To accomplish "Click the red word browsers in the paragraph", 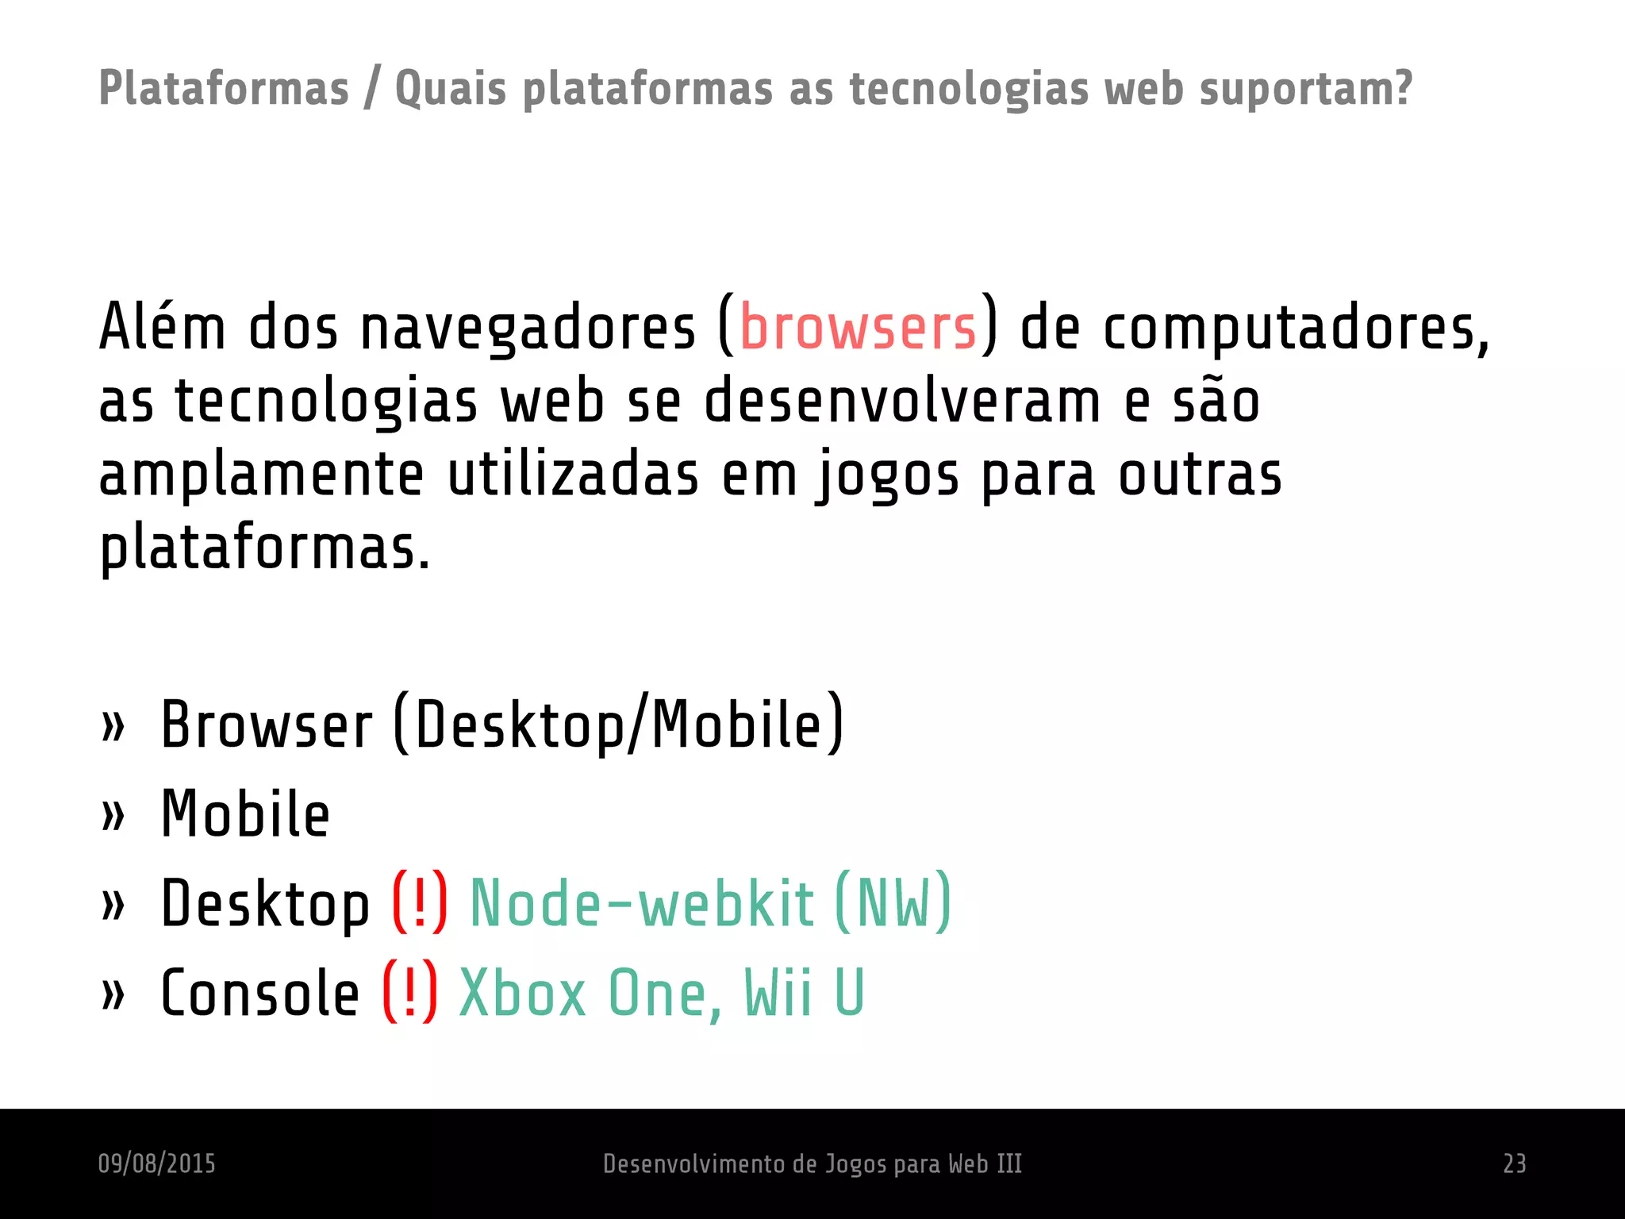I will pos(858,327).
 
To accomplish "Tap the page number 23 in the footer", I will pos(1514,1163).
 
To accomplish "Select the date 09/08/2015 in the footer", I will pos(157,1163).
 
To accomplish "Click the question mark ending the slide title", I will pos(1402,87).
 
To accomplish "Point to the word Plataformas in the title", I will pos(224,89).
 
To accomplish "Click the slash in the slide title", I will pos(371,89).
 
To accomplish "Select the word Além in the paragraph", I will pos(163,327).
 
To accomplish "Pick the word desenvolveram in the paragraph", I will pos(902,401).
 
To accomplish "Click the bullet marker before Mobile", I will pos(113,815).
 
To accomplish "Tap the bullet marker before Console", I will pos(113,994).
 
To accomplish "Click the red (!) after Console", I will pos(409,993).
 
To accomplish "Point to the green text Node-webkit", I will pos(642,904).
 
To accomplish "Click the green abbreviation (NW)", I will pos(893,903).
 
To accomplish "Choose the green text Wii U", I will pos(803,993).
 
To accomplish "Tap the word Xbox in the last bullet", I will pos(522,993).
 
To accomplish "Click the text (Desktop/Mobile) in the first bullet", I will pos(618,724).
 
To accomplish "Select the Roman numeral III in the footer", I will pos(1008,1163).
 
